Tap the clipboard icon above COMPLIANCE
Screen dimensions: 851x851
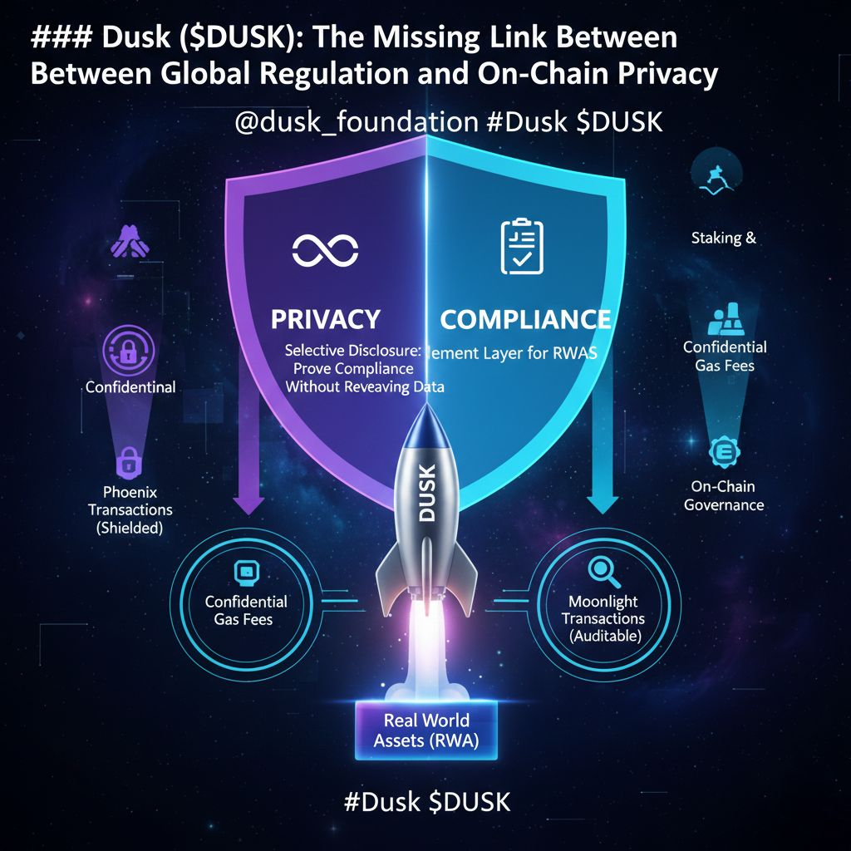pos(522,247)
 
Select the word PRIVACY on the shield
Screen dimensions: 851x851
pos(326,319)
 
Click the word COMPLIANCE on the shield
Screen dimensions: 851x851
pos(525,319)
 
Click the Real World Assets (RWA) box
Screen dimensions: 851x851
pos(426,730)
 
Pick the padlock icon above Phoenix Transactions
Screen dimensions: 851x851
pos(129,460)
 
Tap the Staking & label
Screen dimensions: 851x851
pos(723,238)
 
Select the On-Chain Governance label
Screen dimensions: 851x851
pos(724,495)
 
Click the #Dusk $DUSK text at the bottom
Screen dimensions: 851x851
pos(426,802)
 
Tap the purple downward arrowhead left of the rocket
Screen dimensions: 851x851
pos(248,505)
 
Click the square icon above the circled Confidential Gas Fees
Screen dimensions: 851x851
pos(246,572)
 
